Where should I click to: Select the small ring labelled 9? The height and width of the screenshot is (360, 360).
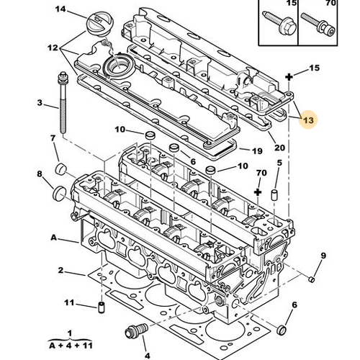pyautogui.click(x=310, y=278)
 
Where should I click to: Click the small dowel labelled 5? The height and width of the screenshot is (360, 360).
pyautogui.click(x=275, y=196)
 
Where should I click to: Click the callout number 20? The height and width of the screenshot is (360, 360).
pyautogui.click(x=280, y=148)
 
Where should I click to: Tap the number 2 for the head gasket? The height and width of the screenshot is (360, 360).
pyautogui.click(x=60, y=271)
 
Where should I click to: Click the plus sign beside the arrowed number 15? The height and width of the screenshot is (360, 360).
pyautogui.click(x=289, y=76)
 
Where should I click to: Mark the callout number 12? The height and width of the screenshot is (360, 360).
pyautogui.click(x=52, y=47)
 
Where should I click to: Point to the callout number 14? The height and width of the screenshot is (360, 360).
pyautogui.click(x=60, y=9)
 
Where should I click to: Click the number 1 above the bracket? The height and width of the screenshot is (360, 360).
pyautogui.click(x=69, y=333)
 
